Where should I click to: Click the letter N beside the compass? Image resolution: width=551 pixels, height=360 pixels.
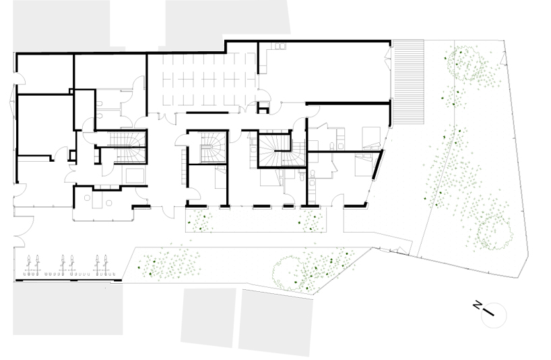click(x=477, y=305)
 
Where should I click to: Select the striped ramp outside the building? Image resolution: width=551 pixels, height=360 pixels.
click(x=408, y=82)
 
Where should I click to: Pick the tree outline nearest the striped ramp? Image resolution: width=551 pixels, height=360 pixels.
click(x=463, y=63)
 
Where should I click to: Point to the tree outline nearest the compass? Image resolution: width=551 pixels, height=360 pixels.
click(x=494, y=233)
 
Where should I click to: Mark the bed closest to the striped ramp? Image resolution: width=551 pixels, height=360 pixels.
click(x=371, y=138)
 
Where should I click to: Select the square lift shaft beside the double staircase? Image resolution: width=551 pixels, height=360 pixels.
click(x=135, y=176)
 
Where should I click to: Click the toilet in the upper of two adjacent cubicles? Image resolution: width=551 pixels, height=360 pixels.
click(x=100, y=104)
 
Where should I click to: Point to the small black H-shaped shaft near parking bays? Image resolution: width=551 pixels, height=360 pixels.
click(x=263, y=107)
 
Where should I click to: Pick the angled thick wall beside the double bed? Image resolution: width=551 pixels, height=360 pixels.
click(x=377, y=165)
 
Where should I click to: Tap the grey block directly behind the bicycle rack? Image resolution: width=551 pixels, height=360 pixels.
click(x=68, y=309)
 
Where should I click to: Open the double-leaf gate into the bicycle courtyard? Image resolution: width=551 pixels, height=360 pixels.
click(x=24, y=231)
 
